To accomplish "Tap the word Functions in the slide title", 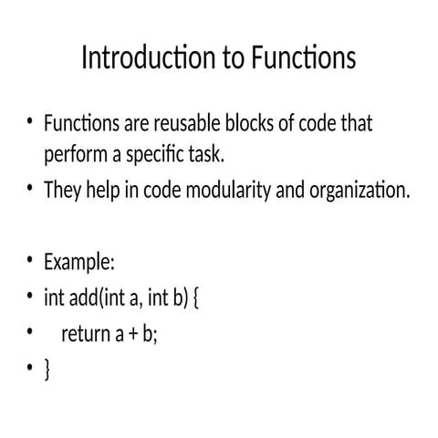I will [x=301, y=58].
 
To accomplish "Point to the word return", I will [x=85, y=334].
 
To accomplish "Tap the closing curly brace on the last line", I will [x=47, y=370].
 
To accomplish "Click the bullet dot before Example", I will [x=30, y=262].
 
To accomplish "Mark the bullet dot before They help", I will [x=30, y=190].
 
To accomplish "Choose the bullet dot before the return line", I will [x=30, y=332].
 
